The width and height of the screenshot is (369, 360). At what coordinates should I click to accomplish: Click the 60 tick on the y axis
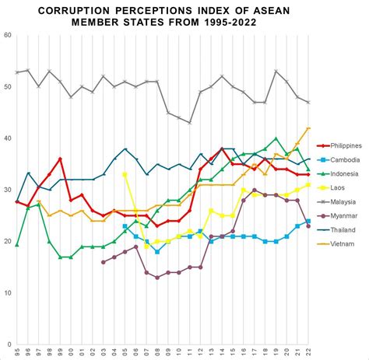coord(7,36)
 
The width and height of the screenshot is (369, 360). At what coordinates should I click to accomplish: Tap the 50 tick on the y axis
coord(7,87)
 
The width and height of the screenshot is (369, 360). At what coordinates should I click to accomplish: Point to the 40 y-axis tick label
coord(7,138)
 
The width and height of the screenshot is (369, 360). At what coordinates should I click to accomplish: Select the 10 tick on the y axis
coord(7,292)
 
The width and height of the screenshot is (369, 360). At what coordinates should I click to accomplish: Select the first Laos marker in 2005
coord(125,174)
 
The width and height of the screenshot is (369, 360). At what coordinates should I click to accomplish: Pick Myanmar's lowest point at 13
coord(158,278)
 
